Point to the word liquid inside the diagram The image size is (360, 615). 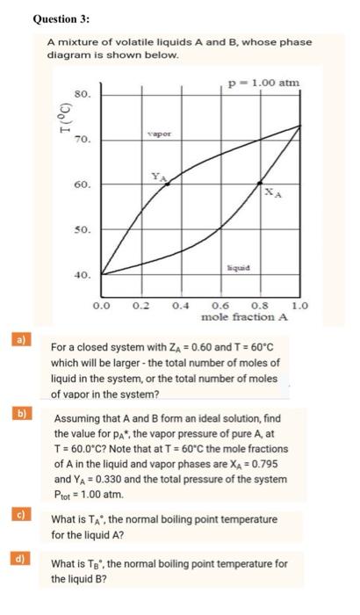(x=240, y=264)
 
